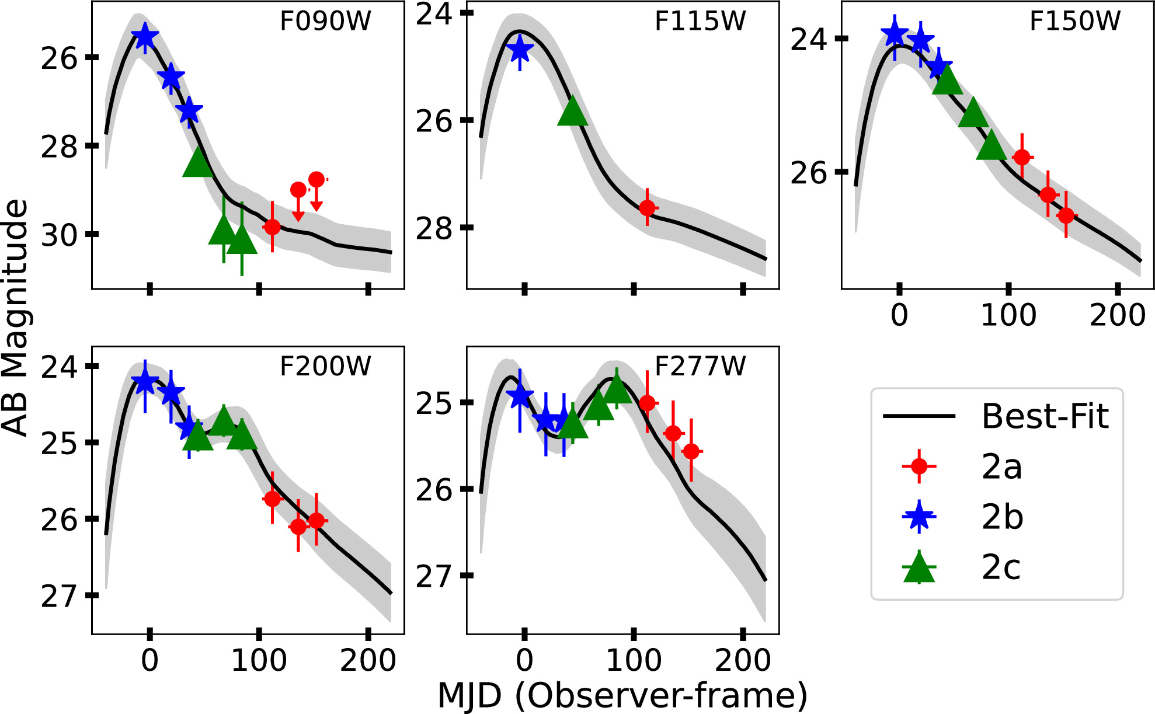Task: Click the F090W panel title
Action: (x=325, y=21)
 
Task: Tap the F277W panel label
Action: (x=700, y=367)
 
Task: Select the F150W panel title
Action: (x=1074, y=21)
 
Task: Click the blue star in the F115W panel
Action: (x=519, y=50)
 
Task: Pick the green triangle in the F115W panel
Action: (x=572, y=112)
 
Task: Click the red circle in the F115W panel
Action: (x=647, y=208)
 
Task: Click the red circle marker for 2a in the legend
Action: (x=919, y=466)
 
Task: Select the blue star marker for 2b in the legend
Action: (x=919, y=516)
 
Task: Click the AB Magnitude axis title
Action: (x=15, y=318)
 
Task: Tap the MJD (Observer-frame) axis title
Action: (x=622, y=696)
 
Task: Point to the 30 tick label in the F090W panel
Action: (x=58, y=235)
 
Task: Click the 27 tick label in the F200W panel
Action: (x=58, y=596)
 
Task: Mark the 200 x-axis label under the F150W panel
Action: (x=1117, y=315)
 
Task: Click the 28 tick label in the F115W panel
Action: (x=434, y=228)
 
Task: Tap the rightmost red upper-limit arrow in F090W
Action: (x=316, y=192)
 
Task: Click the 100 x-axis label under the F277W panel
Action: (x=634, y=660)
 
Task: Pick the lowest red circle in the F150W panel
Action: (x=1066, y=216)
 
